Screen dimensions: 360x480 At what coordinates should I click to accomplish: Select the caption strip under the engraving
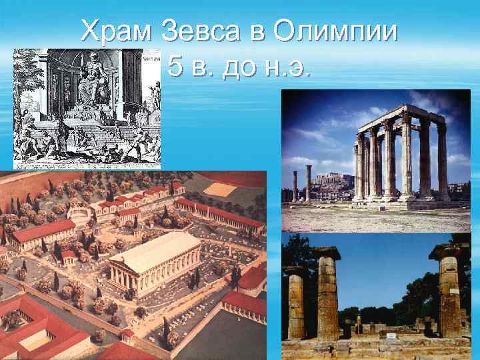(x=87, y=166)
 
